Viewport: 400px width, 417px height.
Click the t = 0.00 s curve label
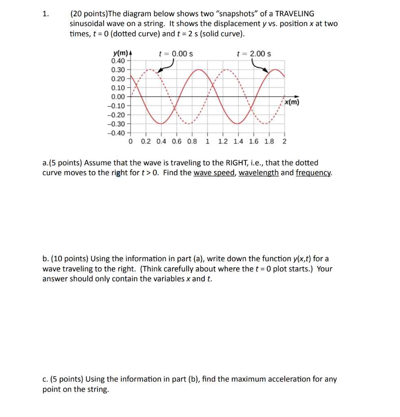click(x=176, y=54)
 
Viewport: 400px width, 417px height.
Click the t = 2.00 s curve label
click(x=254, y=54)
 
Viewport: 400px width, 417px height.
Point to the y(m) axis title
click(x=120, y=54)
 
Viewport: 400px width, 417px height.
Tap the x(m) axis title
click(x=291, y=102)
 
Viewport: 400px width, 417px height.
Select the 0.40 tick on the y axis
click(x=118, y=61)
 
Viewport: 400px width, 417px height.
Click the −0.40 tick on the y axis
click(x=116, y=133)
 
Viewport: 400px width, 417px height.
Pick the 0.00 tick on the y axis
click(x=118, y=97)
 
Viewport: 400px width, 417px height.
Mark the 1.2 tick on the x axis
click(x=223, y=142)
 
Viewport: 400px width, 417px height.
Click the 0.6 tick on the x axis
click(x=177, y=142)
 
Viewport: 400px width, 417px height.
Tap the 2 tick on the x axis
click(x=284, y=142)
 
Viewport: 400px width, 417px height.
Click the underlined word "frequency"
click(x=313, y=173)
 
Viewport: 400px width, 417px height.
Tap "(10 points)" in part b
click(x=69, y=259)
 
